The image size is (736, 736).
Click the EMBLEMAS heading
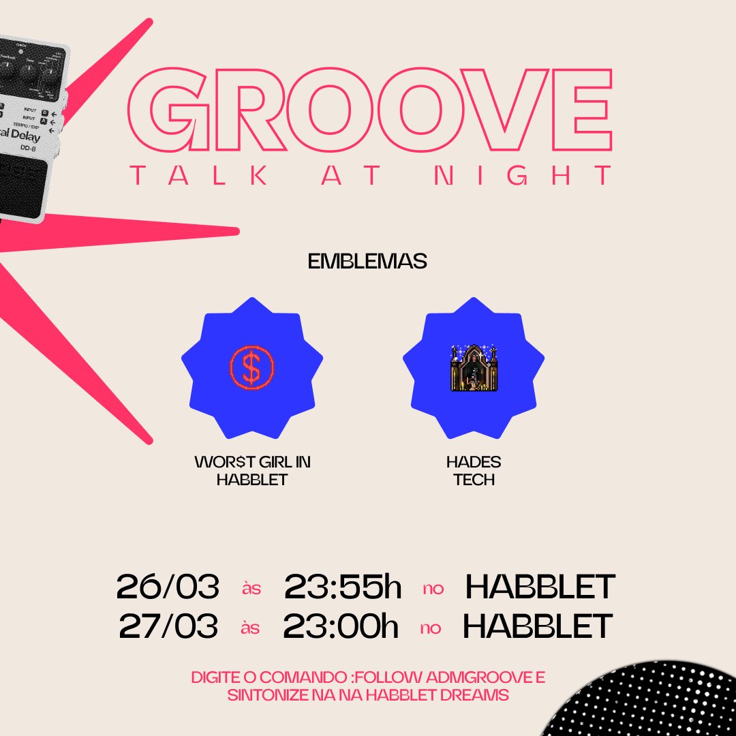click(367, 262)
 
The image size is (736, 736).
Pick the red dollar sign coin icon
click(251, 368)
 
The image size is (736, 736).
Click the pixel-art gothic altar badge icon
click(474, 368)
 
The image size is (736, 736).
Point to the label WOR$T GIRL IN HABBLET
click(252, 471)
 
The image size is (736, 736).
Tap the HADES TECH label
click(474, 471)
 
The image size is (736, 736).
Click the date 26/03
click(168, 587)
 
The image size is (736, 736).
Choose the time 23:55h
click(343, 587)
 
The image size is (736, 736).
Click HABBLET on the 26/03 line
click(540, 587)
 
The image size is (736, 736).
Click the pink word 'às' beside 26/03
click(251, 589)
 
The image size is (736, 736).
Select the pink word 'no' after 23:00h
click(431, 628)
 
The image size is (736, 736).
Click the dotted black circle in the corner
click(654, 702)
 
